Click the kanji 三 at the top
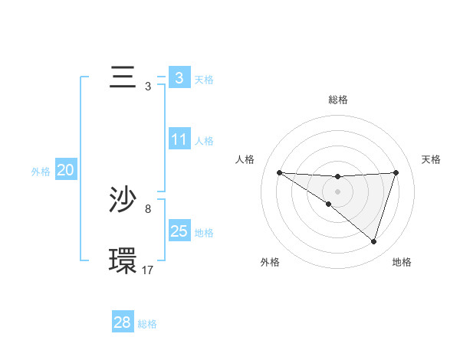123,78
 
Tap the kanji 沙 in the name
123,201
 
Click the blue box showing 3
179,78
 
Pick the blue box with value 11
179,139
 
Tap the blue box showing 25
179,231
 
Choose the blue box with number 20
65,171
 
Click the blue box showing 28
123,322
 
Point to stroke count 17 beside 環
148,270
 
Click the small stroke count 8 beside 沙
148,208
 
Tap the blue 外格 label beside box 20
41,172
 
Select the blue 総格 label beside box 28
147,324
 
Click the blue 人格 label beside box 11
204,141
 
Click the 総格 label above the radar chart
337,100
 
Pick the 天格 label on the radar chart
432,159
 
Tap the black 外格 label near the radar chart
270,262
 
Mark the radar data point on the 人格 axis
279,172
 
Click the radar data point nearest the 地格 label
373,241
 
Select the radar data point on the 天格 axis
396,172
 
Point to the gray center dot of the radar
337,191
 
